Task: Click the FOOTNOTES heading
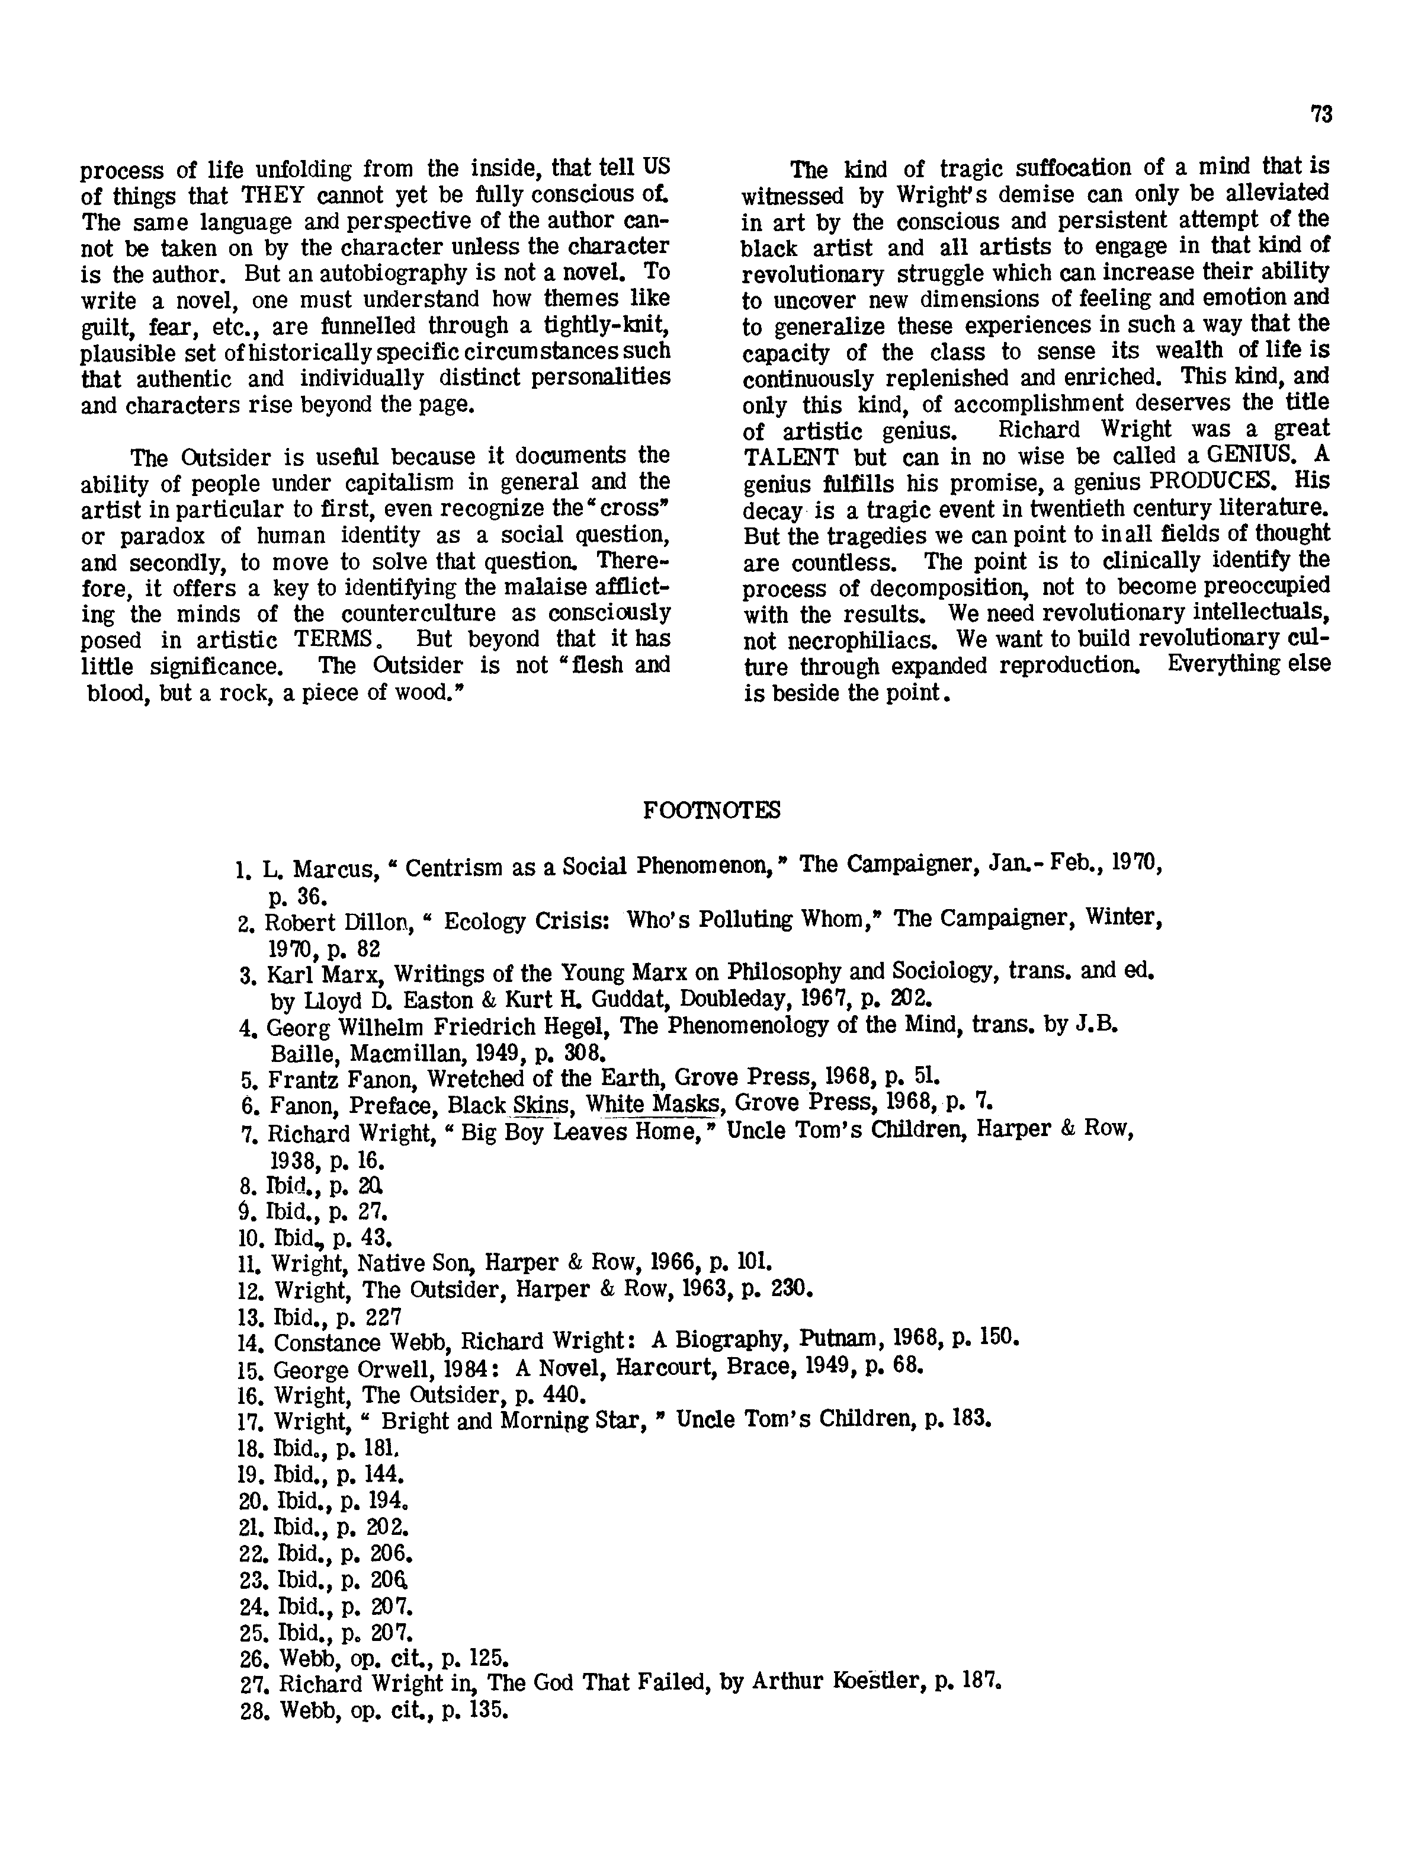tap(711, 811)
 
